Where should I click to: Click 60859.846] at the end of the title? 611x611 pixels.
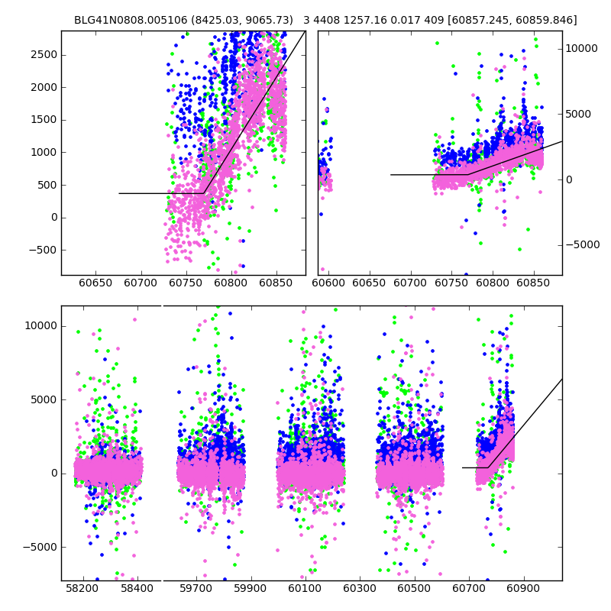[x=545, y=20]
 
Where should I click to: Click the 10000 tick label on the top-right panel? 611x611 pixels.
[x=582, y=48]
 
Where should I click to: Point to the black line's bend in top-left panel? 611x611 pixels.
[x=204, y=193]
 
